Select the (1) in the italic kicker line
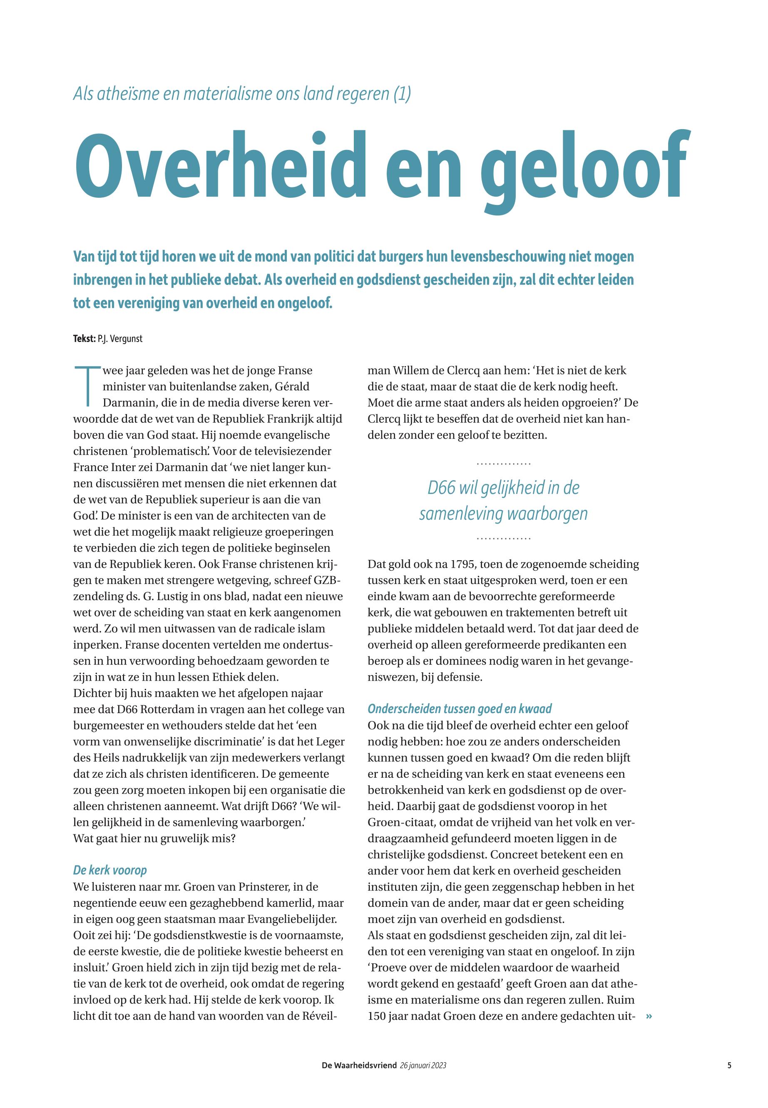[402, 93]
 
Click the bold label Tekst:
[84, 339]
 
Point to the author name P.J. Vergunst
[120, 339]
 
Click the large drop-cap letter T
[87, 386]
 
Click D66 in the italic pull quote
[442, 488]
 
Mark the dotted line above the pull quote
[503, 464]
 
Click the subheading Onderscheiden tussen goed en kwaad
[460, 709]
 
